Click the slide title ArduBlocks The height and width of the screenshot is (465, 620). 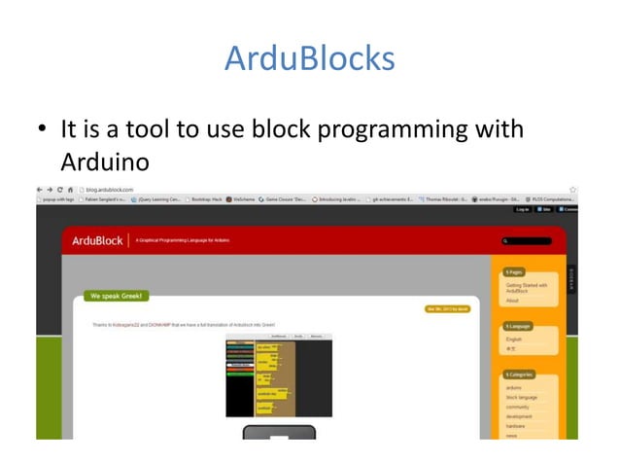(309, 58)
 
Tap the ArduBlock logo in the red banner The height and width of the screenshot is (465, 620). (97, 239)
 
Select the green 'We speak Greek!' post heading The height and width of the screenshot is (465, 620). (118, 295)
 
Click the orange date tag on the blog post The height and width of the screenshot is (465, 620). (446, 309)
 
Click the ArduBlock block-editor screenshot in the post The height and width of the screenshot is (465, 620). (279, 377)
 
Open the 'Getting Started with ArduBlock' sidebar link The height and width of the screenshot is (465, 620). (527, 288)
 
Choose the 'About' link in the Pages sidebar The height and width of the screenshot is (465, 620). (512, 301)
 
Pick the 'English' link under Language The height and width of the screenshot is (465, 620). (514, 339)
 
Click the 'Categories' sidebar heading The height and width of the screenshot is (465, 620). (521, 375)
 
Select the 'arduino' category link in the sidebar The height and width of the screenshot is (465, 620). (514, 387)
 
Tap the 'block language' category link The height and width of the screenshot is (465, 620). (520, 397)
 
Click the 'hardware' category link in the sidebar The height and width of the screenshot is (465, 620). (516, 426)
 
